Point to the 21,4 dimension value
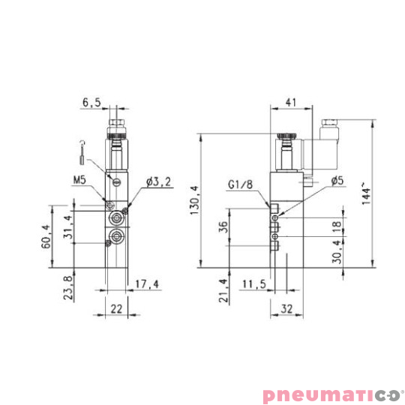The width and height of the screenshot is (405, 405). [222, 289]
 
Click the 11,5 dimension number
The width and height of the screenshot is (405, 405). [255, 284]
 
